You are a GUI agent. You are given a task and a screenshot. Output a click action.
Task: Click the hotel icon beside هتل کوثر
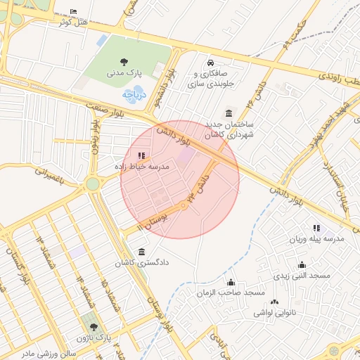click(x=75, y=12)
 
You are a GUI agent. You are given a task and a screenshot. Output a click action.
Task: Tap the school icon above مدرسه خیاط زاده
click(x=141, y=155)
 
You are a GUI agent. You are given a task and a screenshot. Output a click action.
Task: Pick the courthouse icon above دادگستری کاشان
click(x=143, y=252)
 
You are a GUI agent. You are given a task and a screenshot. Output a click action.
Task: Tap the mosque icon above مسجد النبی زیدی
click(x=302, y=265)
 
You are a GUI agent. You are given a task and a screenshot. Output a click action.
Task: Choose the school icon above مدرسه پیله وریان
click(x=316, y=229)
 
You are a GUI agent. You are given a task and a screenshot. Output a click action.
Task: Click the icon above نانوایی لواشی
click(x=274, y=301)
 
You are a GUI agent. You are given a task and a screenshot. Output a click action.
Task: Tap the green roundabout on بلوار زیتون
click(x=92, y=184)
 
